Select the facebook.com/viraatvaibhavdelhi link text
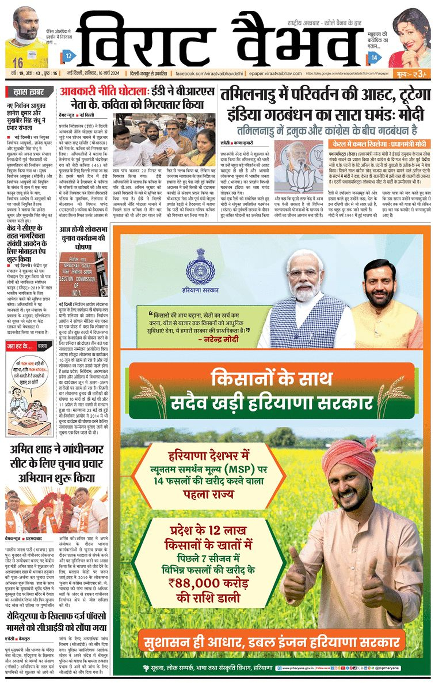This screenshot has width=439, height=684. coord(209,74)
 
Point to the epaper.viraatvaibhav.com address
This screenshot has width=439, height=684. coord(275,74)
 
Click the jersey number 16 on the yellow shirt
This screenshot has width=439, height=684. coord(18,62)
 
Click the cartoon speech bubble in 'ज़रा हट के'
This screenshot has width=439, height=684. coord(30,371)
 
